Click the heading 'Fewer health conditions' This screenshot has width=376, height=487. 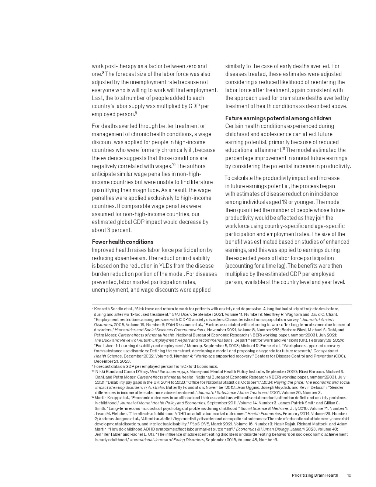[122, 242]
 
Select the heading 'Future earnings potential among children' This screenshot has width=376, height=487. [278, 118]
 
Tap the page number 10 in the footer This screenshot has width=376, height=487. [349, 475]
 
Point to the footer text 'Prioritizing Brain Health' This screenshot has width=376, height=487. [315, 475]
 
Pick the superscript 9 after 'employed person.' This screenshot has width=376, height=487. [136, 113]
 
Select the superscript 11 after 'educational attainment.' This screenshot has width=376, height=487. [284, 149]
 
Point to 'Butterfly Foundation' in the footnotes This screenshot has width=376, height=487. [182, 387]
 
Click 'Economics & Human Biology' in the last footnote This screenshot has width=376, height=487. [254, 429]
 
